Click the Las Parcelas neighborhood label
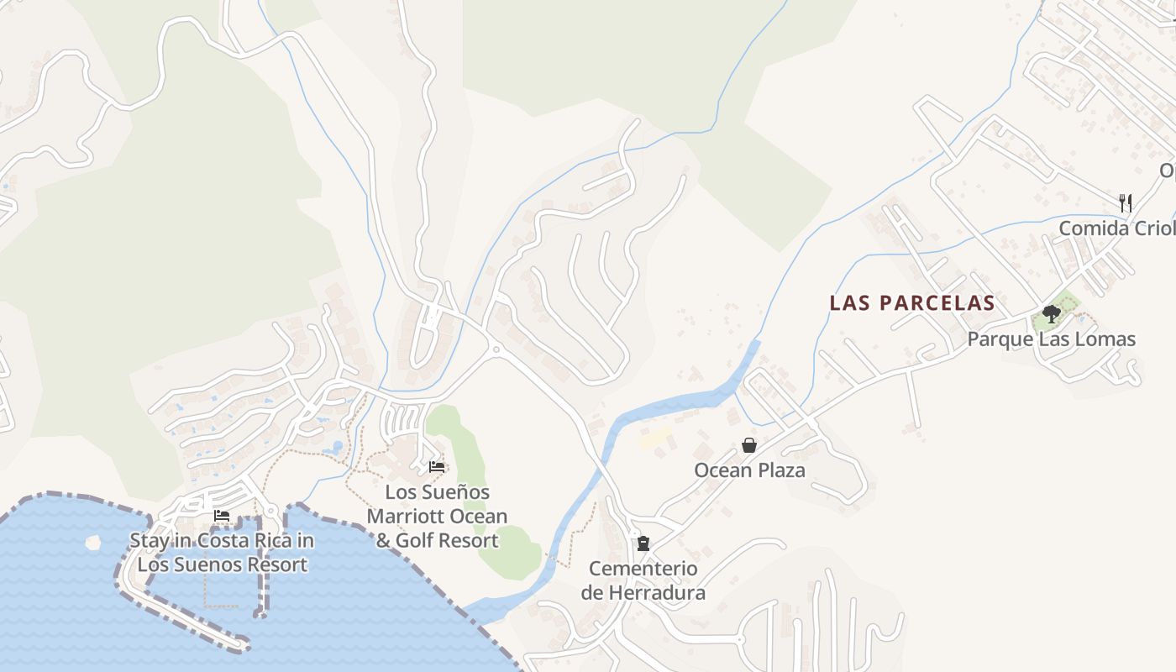911,303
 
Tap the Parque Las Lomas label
1051,339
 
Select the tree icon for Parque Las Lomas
1050,314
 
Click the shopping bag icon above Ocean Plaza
749,445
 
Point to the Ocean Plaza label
749,470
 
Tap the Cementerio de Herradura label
643,580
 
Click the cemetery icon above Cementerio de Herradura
643,543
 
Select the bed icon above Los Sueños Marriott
437,466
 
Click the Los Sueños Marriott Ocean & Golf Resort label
437,516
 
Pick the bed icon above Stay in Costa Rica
222,516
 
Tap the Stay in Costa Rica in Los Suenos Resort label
222,553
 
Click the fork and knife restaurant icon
1126,202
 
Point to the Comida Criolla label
1116,228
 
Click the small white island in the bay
92,542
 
